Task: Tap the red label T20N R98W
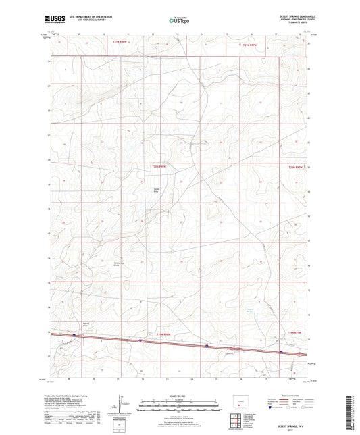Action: click(159, 165)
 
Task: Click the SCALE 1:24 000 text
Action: click(180, 395)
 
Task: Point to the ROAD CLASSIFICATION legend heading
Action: click(286, 395)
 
